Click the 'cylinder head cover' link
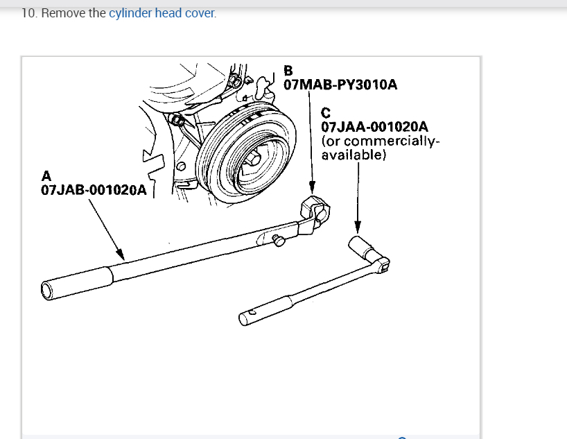(162, 13)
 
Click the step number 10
(28, 13)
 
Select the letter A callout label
(46, 175)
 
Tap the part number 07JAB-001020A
(94, 190)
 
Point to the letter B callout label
(288, 70)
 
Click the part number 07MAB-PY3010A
(340, 85)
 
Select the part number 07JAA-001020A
(375, 127)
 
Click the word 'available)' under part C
(354, 155)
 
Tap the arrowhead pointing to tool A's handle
(120, 255)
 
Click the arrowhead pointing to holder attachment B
(313, 189)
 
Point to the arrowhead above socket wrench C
(358, 228)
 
